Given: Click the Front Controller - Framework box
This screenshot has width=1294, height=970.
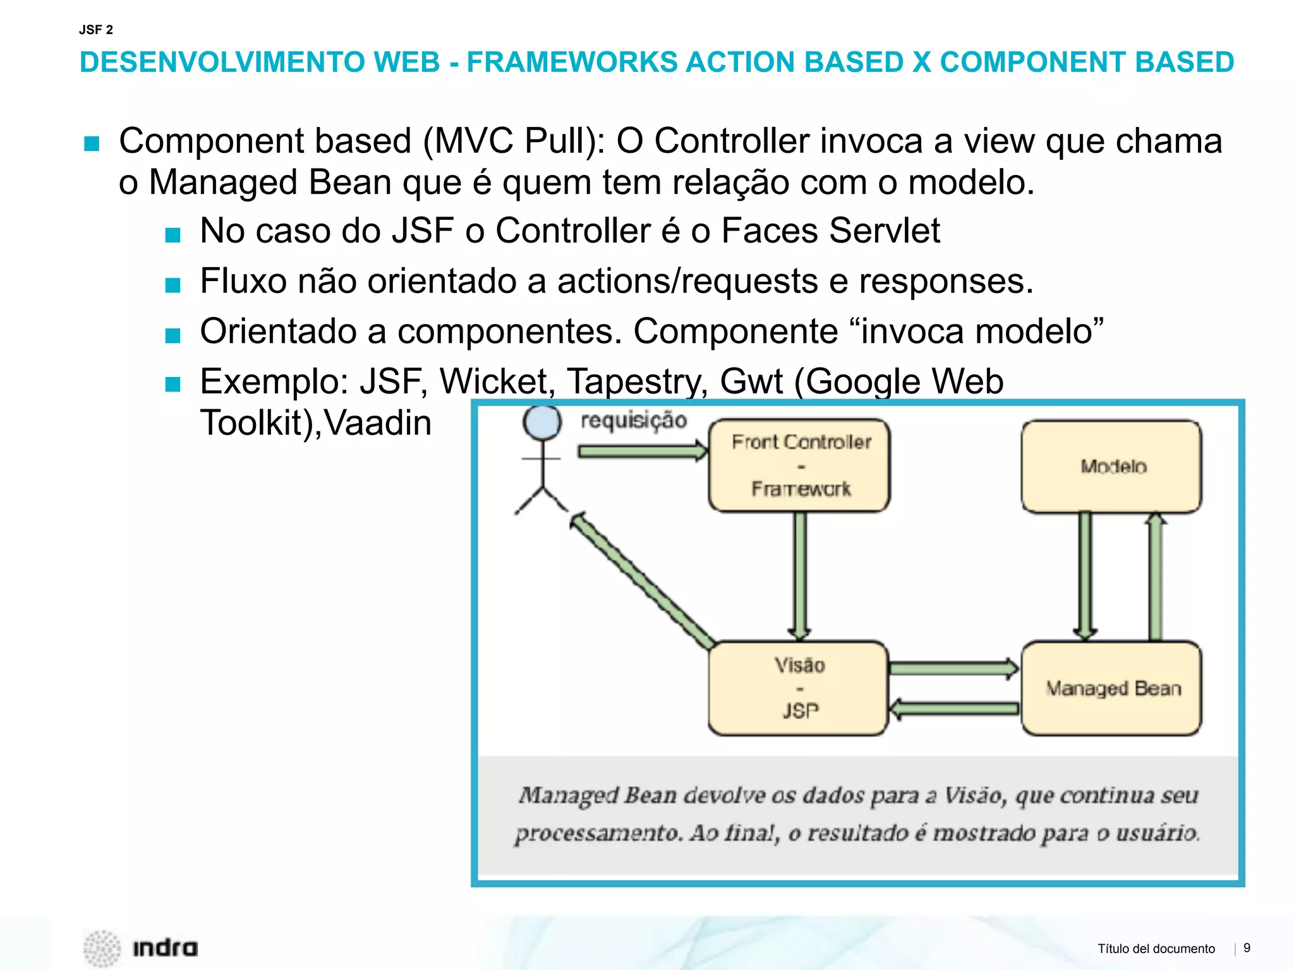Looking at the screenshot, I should (799, 465).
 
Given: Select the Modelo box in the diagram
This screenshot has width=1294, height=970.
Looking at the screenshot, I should (1112, 467).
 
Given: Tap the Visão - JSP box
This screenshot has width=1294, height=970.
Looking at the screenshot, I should (799, 688).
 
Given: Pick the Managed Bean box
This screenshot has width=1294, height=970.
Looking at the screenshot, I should (1112, 688).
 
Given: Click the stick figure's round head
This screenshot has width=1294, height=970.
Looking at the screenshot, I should (541, 422).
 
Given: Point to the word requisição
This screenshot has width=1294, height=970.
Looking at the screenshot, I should (634, 421).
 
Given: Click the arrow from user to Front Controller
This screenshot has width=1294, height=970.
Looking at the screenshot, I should (641, 451).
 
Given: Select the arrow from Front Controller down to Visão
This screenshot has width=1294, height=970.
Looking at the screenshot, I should (800, 575).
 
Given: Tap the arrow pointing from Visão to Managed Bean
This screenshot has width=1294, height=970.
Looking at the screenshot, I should (953, 669).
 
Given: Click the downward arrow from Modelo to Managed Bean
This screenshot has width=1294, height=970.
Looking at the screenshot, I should (1085, 575).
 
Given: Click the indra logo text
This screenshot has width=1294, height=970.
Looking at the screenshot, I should (165, 947).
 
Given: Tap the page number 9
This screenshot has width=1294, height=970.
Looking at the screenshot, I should (1247, 947).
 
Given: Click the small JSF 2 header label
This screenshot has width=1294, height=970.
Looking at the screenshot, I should (96, 30).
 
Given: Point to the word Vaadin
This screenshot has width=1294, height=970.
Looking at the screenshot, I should (378, 422).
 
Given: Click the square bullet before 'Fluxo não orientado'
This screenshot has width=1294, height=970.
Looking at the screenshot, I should (172, 285).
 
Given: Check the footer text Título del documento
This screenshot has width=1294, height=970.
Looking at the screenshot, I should (1156, 949).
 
